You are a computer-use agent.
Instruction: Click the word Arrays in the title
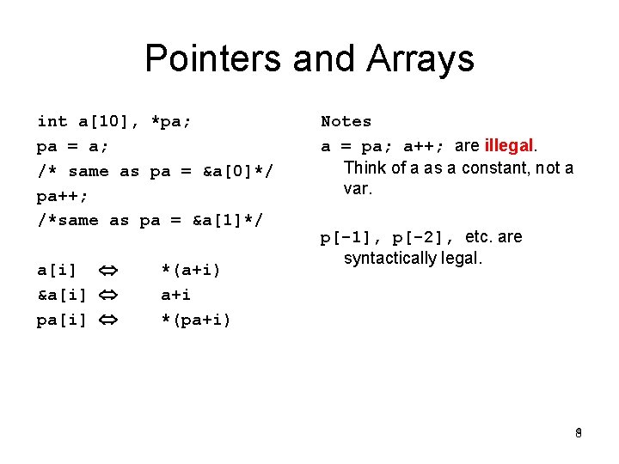click(x=420, y=59)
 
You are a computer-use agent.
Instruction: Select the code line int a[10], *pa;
click(x=113, y=122)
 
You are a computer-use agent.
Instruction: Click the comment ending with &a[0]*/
click(x=155, y=171)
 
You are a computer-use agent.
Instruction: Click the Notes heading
click(x=346, y=122)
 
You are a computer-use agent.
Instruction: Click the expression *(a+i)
click(x=191, y=271)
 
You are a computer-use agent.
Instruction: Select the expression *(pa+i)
click(x=196, y=321)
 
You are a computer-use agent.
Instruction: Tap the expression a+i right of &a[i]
click(x=175, y=296)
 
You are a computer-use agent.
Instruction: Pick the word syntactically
click(x=391, y=258)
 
